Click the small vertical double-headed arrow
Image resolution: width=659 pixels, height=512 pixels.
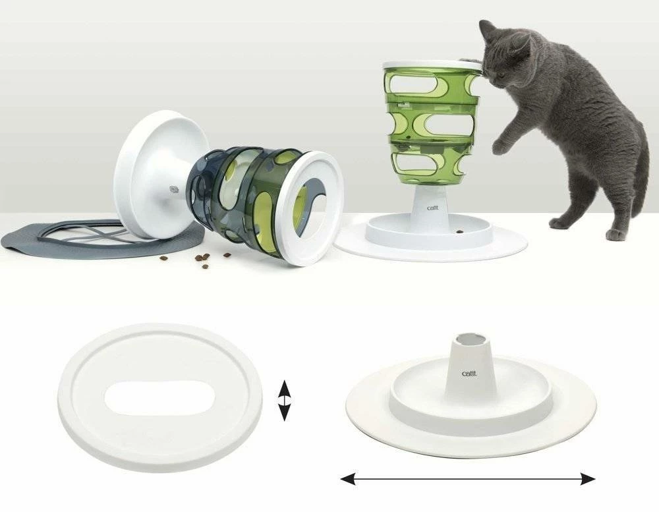[283, 399]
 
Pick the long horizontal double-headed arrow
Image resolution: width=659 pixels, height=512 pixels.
[467, 479]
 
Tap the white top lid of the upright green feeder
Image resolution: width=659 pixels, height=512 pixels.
[431, 65]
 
